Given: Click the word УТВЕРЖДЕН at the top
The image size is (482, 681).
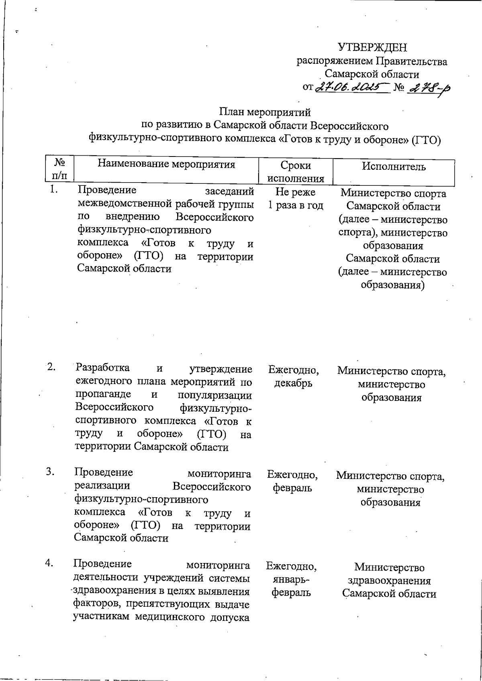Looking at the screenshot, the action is click(372, 47).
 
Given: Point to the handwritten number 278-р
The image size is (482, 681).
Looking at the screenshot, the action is click(427, 88).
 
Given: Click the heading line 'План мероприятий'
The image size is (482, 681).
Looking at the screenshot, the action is click(265, 112).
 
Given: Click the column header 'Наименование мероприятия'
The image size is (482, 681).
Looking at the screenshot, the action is click(166, 164).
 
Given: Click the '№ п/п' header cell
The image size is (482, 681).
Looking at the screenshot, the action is click(60, 169).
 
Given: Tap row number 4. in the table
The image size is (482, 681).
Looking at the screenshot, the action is click(49, 563).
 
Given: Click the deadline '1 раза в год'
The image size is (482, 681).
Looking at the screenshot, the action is click(296, 205).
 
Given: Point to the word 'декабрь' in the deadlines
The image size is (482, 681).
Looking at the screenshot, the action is click(293, 383).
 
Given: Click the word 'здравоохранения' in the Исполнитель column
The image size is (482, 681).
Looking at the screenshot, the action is click(389, 581).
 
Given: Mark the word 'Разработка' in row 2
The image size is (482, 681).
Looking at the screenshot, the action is click(102, 367).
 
